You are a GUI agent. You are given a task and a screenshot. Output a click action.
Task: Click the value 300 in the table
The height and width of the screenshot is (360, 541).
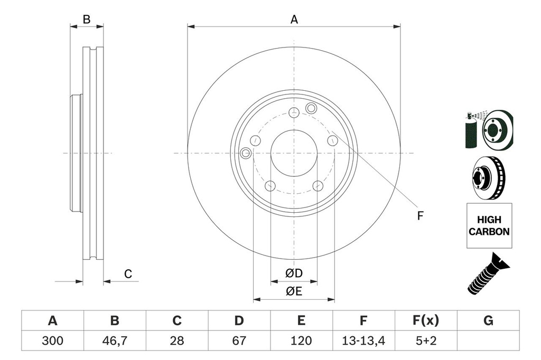click(x=52, y=340)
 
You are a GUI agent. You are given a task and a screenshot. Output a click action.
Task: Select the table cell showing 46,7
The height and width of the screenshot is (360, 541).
click(x=115, y=340)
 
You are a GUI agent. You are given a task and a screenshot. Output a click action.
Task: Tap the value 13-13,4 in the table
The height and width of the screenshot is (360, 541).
click(x=363, y=340)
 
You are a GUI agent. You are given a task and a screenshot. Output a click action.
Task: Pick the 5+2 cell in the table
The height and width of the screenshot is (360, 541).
click(x=425, y=340)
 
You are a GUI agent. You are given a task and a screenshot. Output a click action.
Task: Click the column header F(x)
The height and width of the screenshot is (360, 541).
click(x=425, y=320)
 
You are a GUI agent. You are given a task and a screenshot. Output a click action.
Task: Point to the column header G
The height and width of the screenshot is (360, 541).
click(x=488, y=320)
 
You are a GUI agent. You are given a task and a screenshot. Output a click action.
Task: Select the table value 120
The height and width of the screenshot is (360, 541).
click(x=301, y=340)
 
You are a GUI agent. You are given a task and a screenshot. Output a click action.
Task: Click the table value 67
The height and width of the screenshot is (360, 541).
click(x=239, y=340)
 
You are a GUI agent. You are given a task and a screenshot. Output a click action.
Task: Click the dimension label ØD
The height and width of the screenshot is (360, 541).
click(x=294, y=273)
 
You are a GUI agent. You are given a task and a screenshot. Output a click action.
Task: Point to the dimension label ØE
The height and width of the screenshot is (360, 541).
click(x=294, y=291)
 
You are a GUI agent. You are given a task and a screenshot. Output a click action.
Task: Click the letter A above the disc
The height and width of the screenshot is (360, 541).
click(x=294, y=20)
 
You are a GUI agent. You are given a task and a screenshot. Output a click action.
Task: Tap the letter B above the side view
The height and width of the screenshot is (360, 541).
click(x=87, y=20)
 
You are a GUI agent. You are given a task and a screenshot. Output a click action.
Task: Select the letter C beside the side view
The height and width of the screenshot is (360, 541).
click(x=128, y=273)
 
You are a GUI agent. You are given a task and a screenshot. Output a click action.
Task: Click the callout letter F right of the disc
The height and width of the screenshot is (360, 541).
click(x=421, y=215)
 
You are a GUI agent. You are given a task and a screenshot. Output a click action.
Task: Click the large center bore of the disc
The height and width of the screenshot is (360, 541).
click(x=294, y=153)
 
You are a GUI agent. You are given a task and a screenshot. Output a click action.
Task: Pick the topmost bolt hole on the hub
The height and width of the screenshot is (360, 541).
click(x=294, y=111)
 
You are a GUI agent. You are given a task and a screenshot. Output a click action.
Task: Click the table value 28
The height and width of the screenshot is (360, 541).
click(x=177, y=340)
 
